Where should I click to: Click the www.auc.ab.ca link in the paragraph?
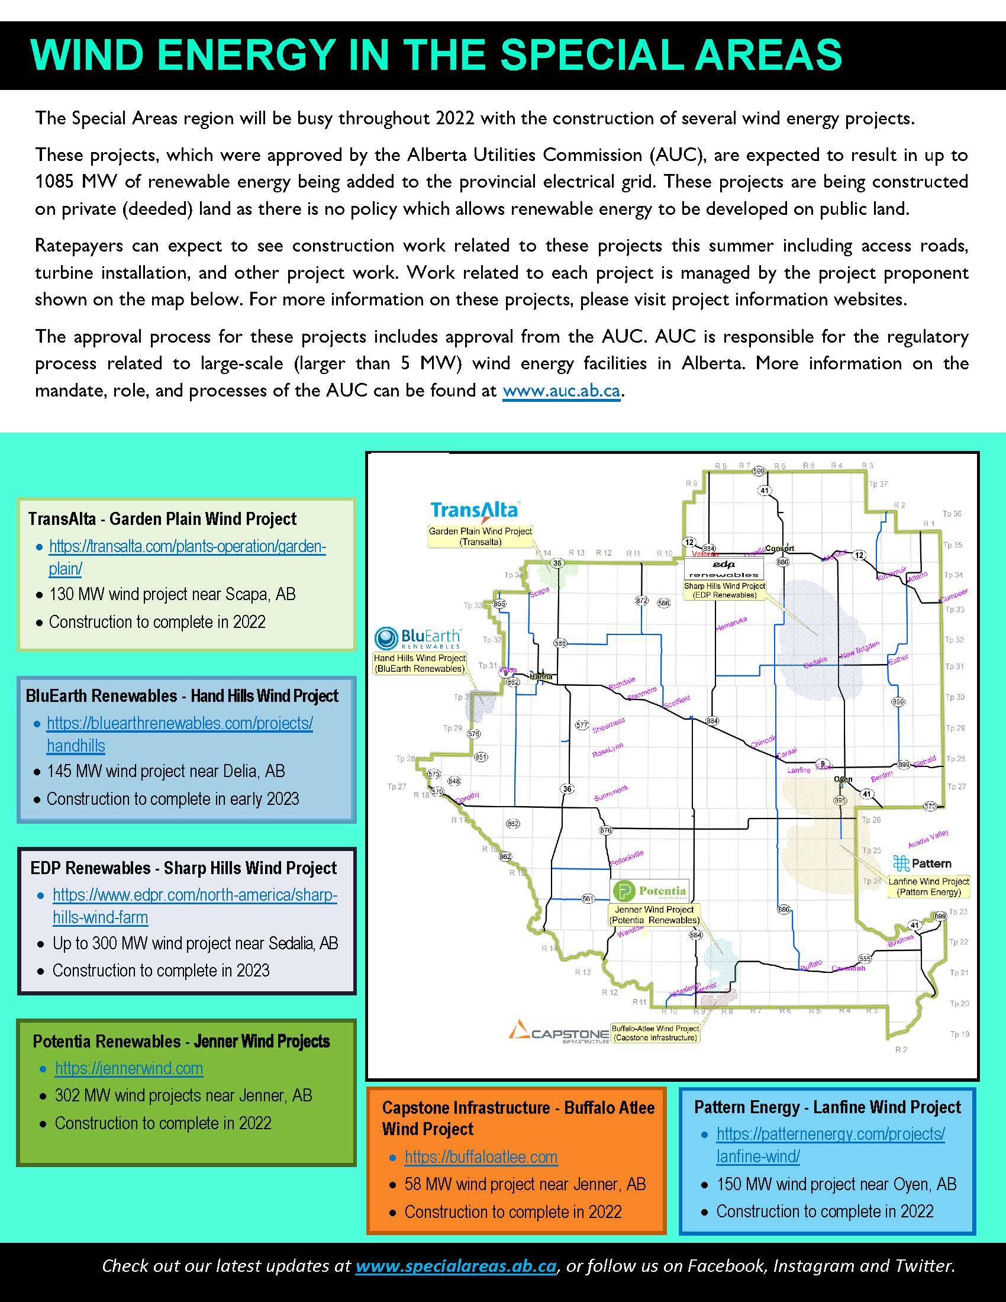[x=562, y=391]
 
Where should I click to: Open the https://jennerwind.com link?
[x=129, y=1068]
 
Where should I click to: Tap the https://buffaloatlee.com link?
[x=481, y=1156]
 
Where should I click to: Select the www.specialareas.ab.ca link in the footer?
[x=456, y=1265]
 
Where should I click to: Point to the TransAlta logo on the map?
[x=475, y=510]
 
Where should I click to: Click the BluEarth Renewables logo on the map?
[x=418, y=638]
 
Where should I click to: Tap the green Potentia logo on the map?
[x=650, y=891]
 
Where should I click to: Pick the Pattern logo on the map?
[x=922, y=863]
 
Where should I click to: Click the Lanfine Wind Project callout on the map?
[x=928, y=887]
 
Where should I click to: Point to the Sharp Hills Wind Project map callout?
[x=724, y=590]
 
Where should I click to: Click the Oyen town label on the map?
[x=843, y=779]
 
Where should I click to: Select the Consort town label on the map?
[x=779, y=549]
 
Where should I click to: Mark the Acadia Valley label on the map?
[x=928, y=839]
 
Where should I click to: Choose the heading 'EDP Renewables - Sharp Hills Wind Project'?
[x=183, y=868]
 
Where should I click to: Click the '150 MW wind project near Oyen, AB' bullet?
[x=836, y=1184]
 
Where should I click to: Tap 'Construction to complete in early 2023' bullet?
[x=173, y=799]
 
